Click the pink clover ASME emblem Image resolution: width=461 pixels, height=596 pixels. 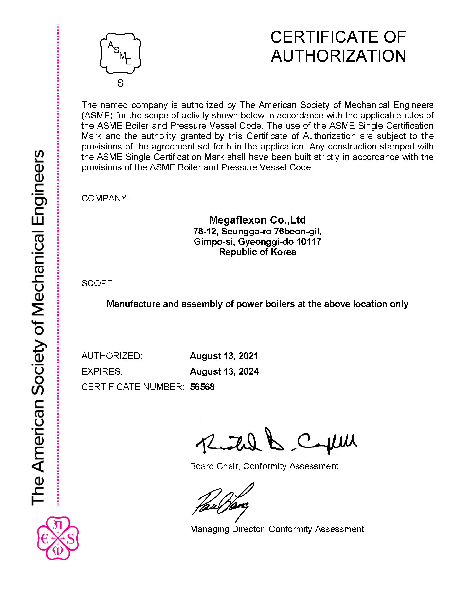point(58,538)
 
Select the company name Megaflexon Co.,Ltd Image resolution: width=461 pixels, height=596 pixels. point(257,220)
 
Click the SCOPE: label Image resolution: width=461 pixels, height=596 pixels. point(98,283)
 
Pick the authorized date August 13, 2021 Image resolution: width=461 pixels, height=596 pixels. point(224,356)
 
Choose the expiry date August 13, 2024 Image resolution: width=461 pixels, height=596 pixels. point(224,371)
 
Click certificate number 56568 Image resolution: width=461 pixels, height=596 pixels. point(202,387)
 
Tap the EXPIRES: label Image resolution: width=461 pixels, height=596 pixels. point(102,371)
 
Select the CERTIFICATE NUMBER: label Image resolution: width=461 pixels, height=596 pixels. point(133,387)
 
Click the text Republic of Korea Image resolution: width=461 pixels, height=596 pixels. point(257,252)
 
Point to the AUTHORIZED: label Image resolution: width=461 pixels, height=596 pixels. point(112,356)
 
